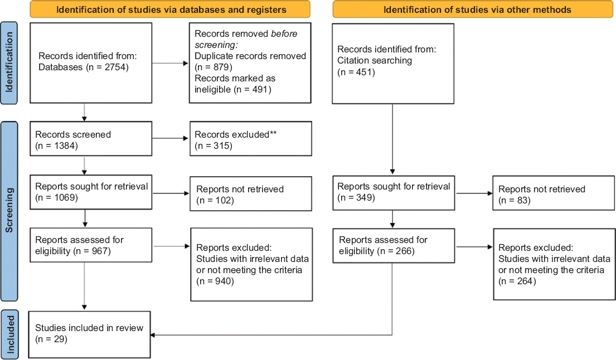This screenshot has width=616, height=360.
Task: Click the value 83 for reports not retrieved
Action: coord(522,200)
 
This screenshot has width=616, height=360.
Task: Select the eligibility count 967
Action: coord(100,251)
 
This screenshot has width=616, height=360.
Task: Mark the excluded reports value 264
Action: coord(525,281)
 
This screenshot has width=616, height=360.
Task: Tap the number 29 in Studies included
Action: coord(60,339)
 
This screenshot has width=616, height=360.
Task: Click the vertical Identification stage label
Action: coord(9,62)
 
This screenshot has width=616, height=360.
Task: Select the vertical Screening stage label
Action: coord(9,211)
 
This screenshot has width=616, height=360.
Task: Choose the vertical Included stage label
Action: coord(10,334)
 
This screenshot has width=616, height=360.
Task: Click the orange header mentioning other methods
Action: coord(473,9)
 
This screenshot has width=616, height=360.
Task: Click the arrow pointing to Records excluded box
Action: coord(170,138)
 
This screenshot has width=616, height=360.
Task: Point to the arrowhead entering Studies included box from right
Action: coord(153,335)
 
